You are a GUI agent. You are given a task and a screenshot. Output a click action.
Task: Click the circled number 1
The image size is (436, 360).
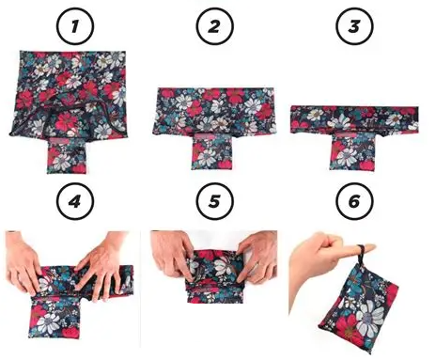[x=73, y=25]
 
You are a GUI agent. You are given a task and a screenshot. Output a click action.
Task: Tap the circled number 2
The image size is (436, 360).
[x=216, y=25]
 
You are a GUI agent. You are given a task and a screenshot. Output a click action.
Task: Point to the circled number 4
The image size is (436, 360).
[x=73, y=199]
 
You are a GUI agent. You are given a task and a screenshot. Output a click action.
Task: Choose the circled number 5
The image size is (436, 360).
[x=216, y=199]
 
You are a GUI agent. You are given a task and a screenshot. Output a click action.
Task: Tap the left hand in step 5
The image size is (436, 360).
[x=177, y=252]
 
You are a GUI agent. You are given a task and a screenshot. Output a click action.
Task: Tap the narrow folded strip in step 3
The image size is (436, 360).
[x=355, y=118]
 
